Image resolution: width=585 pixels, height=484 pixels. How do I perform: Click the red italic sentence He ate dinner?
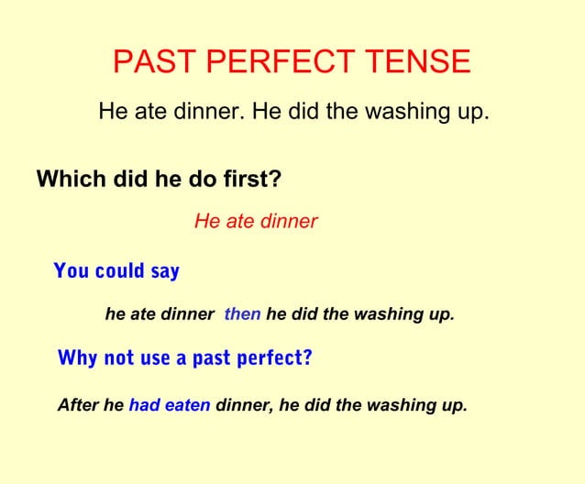(256, 221)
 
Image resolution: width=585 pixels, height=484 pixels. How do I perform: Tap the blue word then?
(242, 314)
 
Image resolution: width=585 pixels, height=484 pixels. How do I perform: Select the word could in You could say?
(117, 270)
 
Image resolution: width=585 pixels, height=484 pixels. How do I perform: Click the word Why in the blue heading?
(76, 357)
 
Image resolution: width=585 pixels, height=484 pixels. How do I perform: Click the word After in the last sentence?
(77, 404)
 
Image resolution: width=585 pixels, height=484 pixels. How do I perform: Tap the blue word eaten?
(187, 404)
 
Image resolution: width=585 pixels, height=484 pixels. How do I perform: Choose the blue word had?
(144, 404)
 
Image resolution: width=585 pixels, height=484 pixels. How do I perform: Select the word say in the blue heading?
(165, 270)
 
